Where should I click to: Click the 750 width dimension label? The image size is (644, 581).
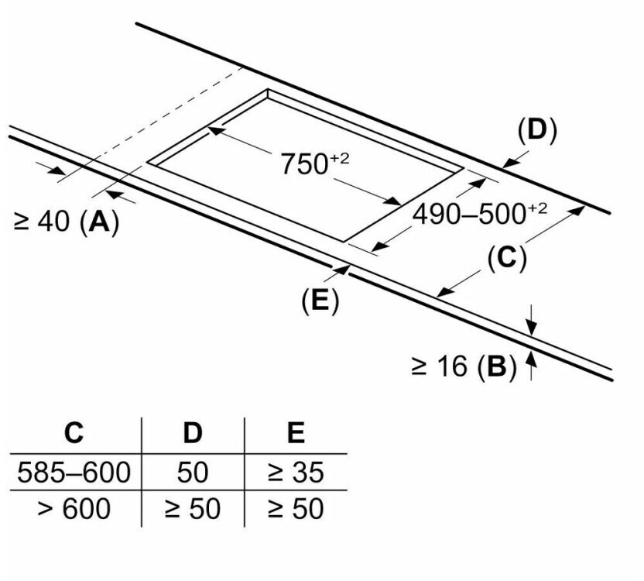click(313, 163)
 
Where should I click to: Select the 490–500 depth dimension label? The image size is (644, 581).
click(479, 213)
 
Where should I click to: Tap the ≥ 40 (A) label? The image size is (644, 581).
click(67, 222)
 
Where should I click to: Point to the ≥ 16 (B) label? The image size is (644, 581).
click(463, 366)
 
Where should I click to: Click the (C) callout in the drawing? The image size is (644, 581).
click(506, 258)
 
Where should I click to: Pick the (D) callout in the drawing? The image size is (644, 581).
click(536, 130)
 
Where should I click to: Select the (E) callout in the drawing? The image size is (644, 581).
click(320, 301)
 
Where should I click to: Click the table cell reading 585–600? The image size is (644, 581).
click(74, 472)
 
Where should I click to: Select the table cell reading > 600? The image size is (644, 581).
click(74, 509)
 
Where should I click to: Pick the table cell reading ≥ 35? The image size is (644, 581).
click(296, 472)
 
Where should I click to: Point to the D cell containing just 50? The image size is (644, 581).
click(192, 472)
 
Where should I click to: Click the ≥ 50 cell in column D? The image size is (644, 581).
click(192, 509)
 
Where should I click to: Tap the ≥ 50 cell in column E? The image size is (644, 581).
click(296, 509)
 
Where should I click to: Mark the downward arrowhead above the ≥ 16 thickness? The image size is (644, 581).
click(531, 326)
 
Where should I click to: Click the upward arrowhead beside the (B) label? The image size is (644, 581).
click(531, 357)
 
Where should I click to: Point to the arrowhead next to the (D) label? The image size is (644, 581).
click(506, 163)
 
